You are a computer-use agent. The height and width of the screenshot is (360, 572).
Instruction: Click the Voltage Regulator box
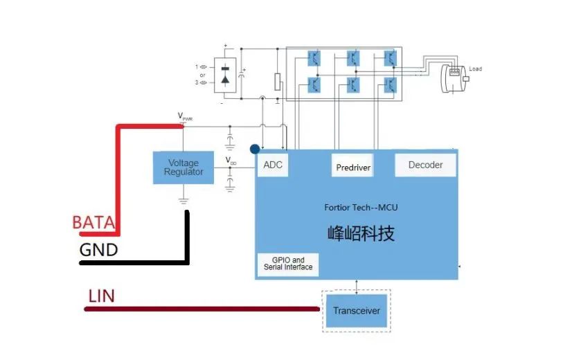pyautogui.click(x=184, y=168)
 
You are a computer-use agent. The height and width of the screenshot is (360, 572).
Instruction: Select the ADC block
pyautogui.click(x=273, y=165)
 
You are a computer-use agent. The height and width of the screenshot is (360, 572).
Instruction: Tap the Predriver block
pyautogui.click(x=353, y=167)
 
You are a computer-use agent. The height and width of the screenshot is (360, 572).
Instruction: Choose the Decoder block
pyautogui.click(x=425, y=165)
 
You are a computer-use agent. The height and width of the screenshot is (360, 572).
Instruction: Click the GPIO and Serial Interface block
pyautogui.click(x=288, y=264)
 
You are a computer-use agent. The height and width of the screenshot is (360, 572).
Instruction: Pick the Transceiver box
pyautogui.click(x=356, y=311)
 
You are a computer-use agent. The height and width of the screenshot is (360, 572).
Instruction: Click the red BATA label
pyautogui.click(x=93, y=223)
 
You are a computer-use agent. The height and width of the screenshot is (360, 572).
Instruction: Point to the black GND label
pyautogui.click(x=98, y=250)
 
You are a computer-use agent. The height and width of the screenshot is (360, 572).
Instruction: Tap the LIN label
pyautogui.click(x=101, y=296)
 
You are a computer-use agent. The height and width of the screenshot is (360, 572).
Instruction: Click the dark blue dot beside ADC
pyautogui.click(x=255, y=149)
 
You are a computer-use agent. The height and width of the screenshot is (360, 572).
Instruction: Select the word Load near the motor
pyautogui.click(x=475, y=69)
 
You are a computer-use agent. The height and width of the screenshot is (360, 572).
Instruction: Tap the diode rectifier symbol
pyautogui.click(x=224, y=75)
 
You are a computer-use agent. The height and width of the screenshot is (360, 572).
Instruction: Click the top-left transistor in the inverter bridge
pyautogui.click(x=314, y=57)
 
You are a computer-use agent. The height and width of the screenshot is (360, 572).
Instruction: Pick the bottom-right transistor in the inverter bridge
pyautogui.click(x=391, y=84)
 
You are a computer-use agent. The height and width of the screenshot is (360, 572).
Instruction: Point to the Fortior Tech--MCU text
pyautogui.click(x=361, y=207)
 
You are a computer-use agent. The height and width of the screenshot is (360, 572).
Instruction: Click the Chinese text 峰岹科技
pyautogui.click(x=361, y=233)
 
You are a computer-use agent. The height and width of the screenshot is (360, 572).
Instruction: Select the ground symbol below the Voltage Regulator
pyautogui.click(x=184, y=201)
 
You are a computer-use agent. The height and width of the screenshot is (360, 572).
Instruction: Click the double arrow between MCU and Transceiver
pyautogui.click(x=356, y=285)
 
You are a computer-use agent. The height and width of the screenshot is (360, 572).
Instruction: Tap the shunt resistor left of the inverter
pyautogui.click(x=278, y=82)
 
